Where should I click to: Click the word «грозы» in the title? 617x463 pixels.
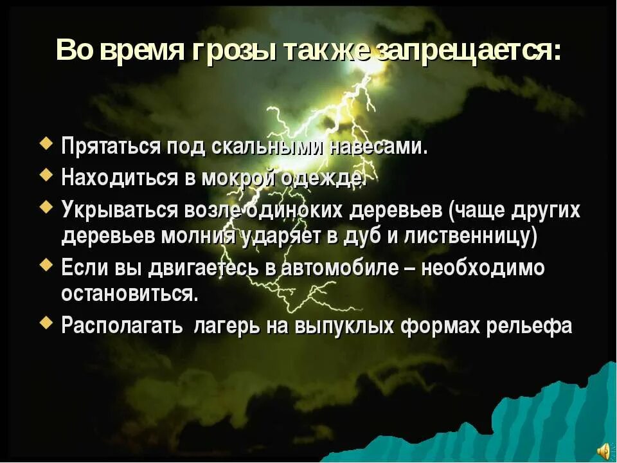(x=232, y=50)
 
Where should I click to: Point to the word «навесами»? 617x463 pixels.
(x=378, y=147)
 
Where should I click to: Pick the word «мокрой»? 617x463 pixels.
(x=247, y=177)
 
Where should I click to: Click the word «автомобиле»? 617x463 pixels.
(x=339, y=268)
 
